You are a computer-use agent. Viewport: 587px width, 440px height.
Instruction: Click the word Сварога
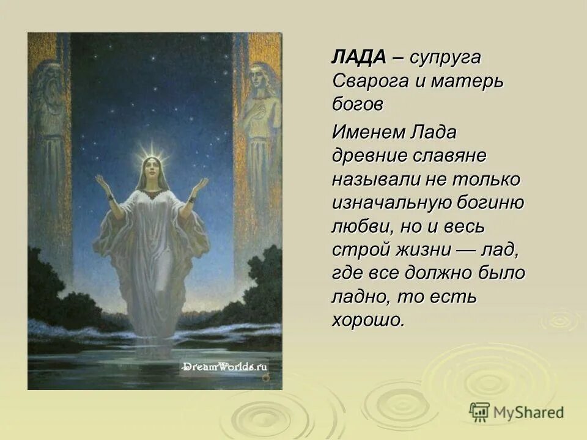pos(367,81)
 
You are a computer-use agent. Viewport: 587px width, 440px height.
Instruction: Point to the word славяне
pos(449,155)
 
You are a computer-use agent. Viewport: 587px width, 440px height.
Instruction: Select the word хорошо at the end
pos(367,320)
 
